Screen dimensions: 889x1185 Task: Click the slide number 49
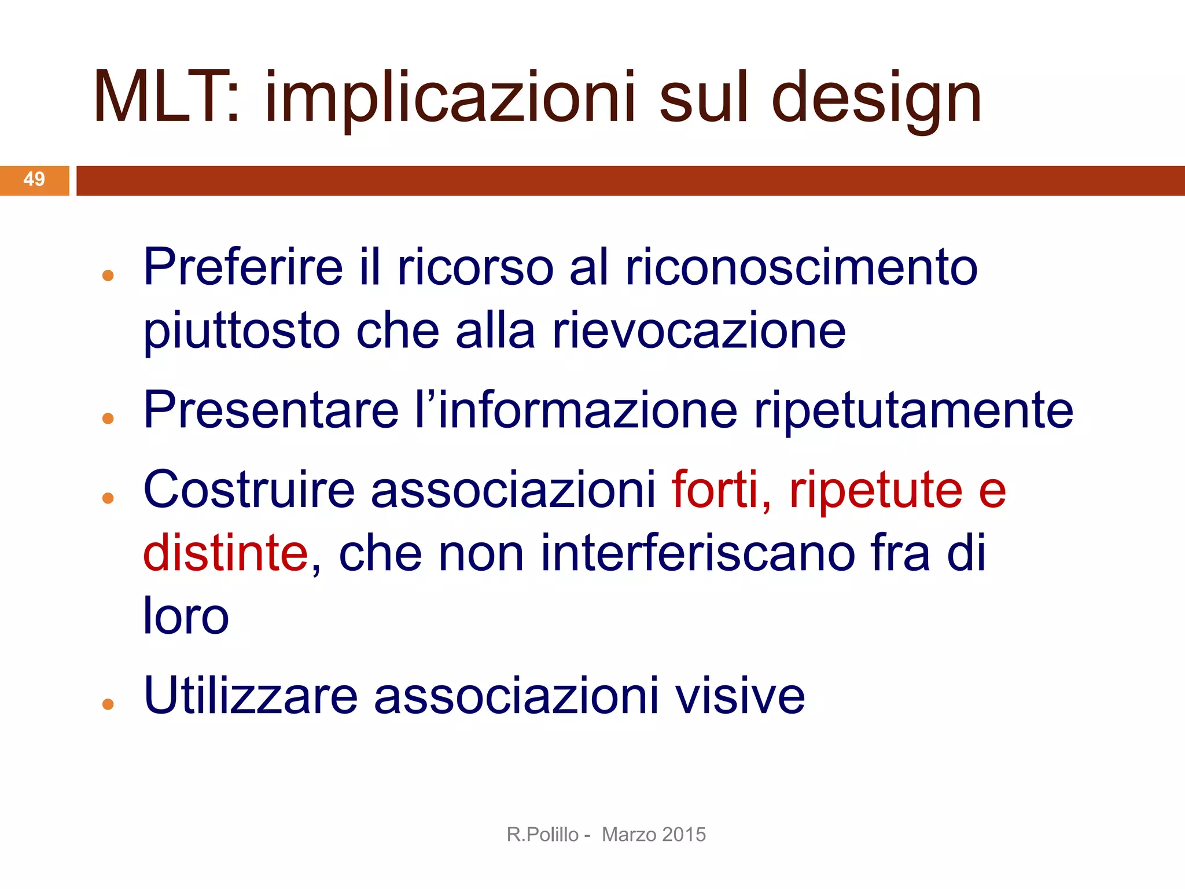click(34, 179)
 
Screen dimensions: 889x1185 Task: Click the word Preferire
click(243, 267)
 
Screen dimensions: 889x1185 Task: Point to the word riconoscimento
click(801, 267)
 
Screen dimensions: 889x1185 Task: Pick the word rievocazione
click(699, 330)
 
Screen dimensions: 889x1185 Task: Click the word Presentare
click(271, 410)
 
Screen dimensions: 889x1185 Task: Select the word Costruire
click(249, 490)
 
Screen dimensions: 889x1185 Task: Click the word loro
click(186, 615)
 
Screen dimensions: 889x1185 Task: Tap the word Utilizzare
click(251, 695)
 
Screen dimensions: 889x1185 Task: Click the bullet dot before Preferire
click(108, 275)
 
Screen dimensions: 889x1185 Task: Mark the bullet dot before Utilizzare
click(108, 704)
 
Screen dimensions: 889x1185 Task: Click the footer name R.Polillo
click(542, 835)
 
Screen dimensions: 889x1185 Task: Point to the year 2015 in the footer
click(684, 835)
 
